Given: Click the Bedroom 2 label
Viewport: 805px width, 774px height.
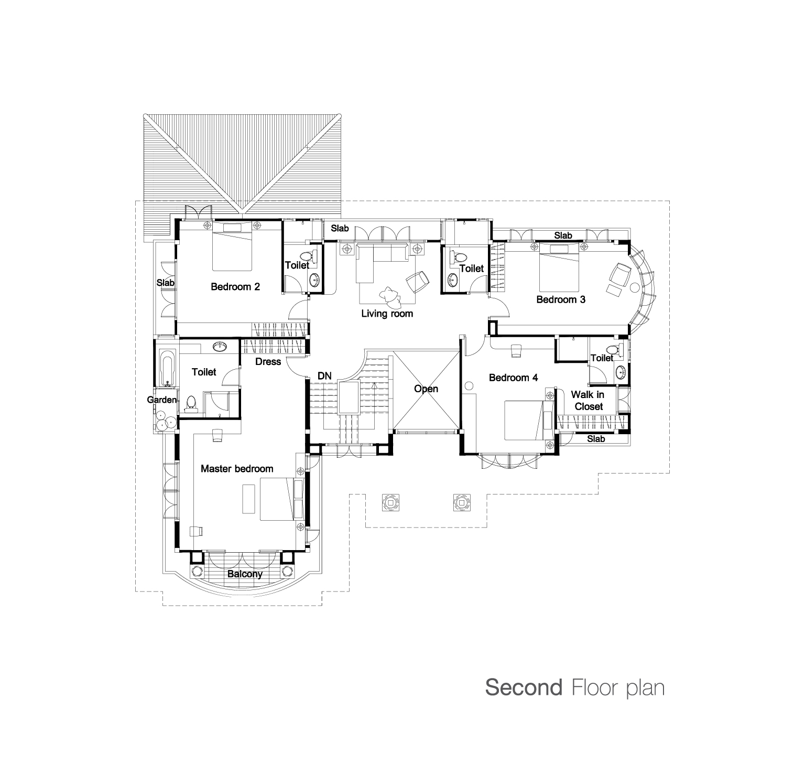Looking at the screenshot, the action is click(235, 287).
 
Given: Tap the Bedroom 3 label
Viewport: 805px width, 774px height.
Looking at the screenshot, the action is click(561, 299).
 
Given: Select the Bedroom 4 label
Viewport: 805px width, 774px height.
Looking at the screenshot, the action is click(514, 378).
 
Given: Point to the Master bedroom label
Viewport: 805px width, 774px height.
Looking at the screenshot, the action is click(237, 469).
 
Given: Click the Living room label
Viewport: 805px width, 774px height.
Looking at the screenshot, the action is click(387, 314).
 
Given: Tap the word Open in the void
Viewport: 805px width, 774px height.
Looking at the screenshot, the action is click(426, 389).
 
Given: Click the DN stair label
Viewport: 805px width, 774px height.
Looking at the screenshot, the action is click(324, 376).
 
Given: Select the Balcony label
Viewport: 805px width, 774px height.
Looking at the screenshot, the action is click(245, 574).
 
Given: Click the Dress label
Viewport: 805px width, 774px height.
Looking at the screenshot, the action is click(268, 361).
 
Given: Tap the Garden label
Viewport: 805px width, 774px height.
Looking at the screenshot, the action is click(161, 400).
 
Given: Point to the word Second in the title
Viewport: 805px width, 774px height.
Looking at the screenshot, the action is click(524, 687).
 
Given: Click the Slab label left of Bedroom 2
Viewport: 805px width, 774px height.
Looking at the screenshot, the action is click(166, 283).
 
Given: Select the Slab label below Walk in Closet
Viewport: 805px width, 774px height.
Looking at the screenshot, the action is click(596, 439).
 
